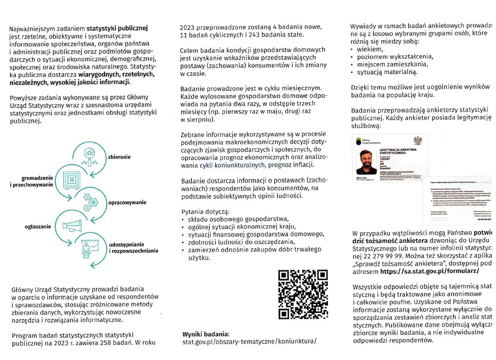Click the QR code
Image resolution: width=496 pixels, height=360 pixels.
tap(303, 294)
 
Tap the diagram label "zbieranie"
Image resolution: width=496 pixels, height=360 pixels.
tap(119, 157)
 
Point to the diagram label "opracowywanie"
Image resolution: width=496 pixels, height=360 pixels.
tap(127, 202)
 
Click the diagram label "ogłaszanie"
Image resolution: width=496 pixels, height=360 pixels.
tap(38, 227)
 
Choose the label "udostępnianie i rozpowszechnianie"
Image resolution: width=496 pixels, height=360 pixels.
tap(133, 247)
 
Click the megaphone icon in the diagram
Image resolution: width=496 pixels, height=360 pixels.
tap(72, 226)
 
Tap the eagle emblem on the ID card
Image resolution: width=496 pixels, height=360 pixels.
tap(418, 141)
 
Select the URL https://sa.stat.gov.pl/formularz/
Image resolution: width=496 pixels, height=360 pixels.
tap(429, 271)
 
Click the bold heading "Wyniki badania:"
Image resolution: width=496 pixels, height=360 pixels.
tap(206, 334)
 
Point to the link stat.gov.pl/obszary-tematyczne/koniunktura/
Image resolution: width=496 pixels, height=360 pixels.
tap(249, 341)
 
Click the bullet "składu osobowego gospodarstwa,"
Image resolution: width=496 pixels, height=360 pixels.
tap(238, 219)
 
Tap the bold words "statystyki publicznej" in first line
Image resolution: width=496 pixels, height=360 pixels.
tap(117, 28)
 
